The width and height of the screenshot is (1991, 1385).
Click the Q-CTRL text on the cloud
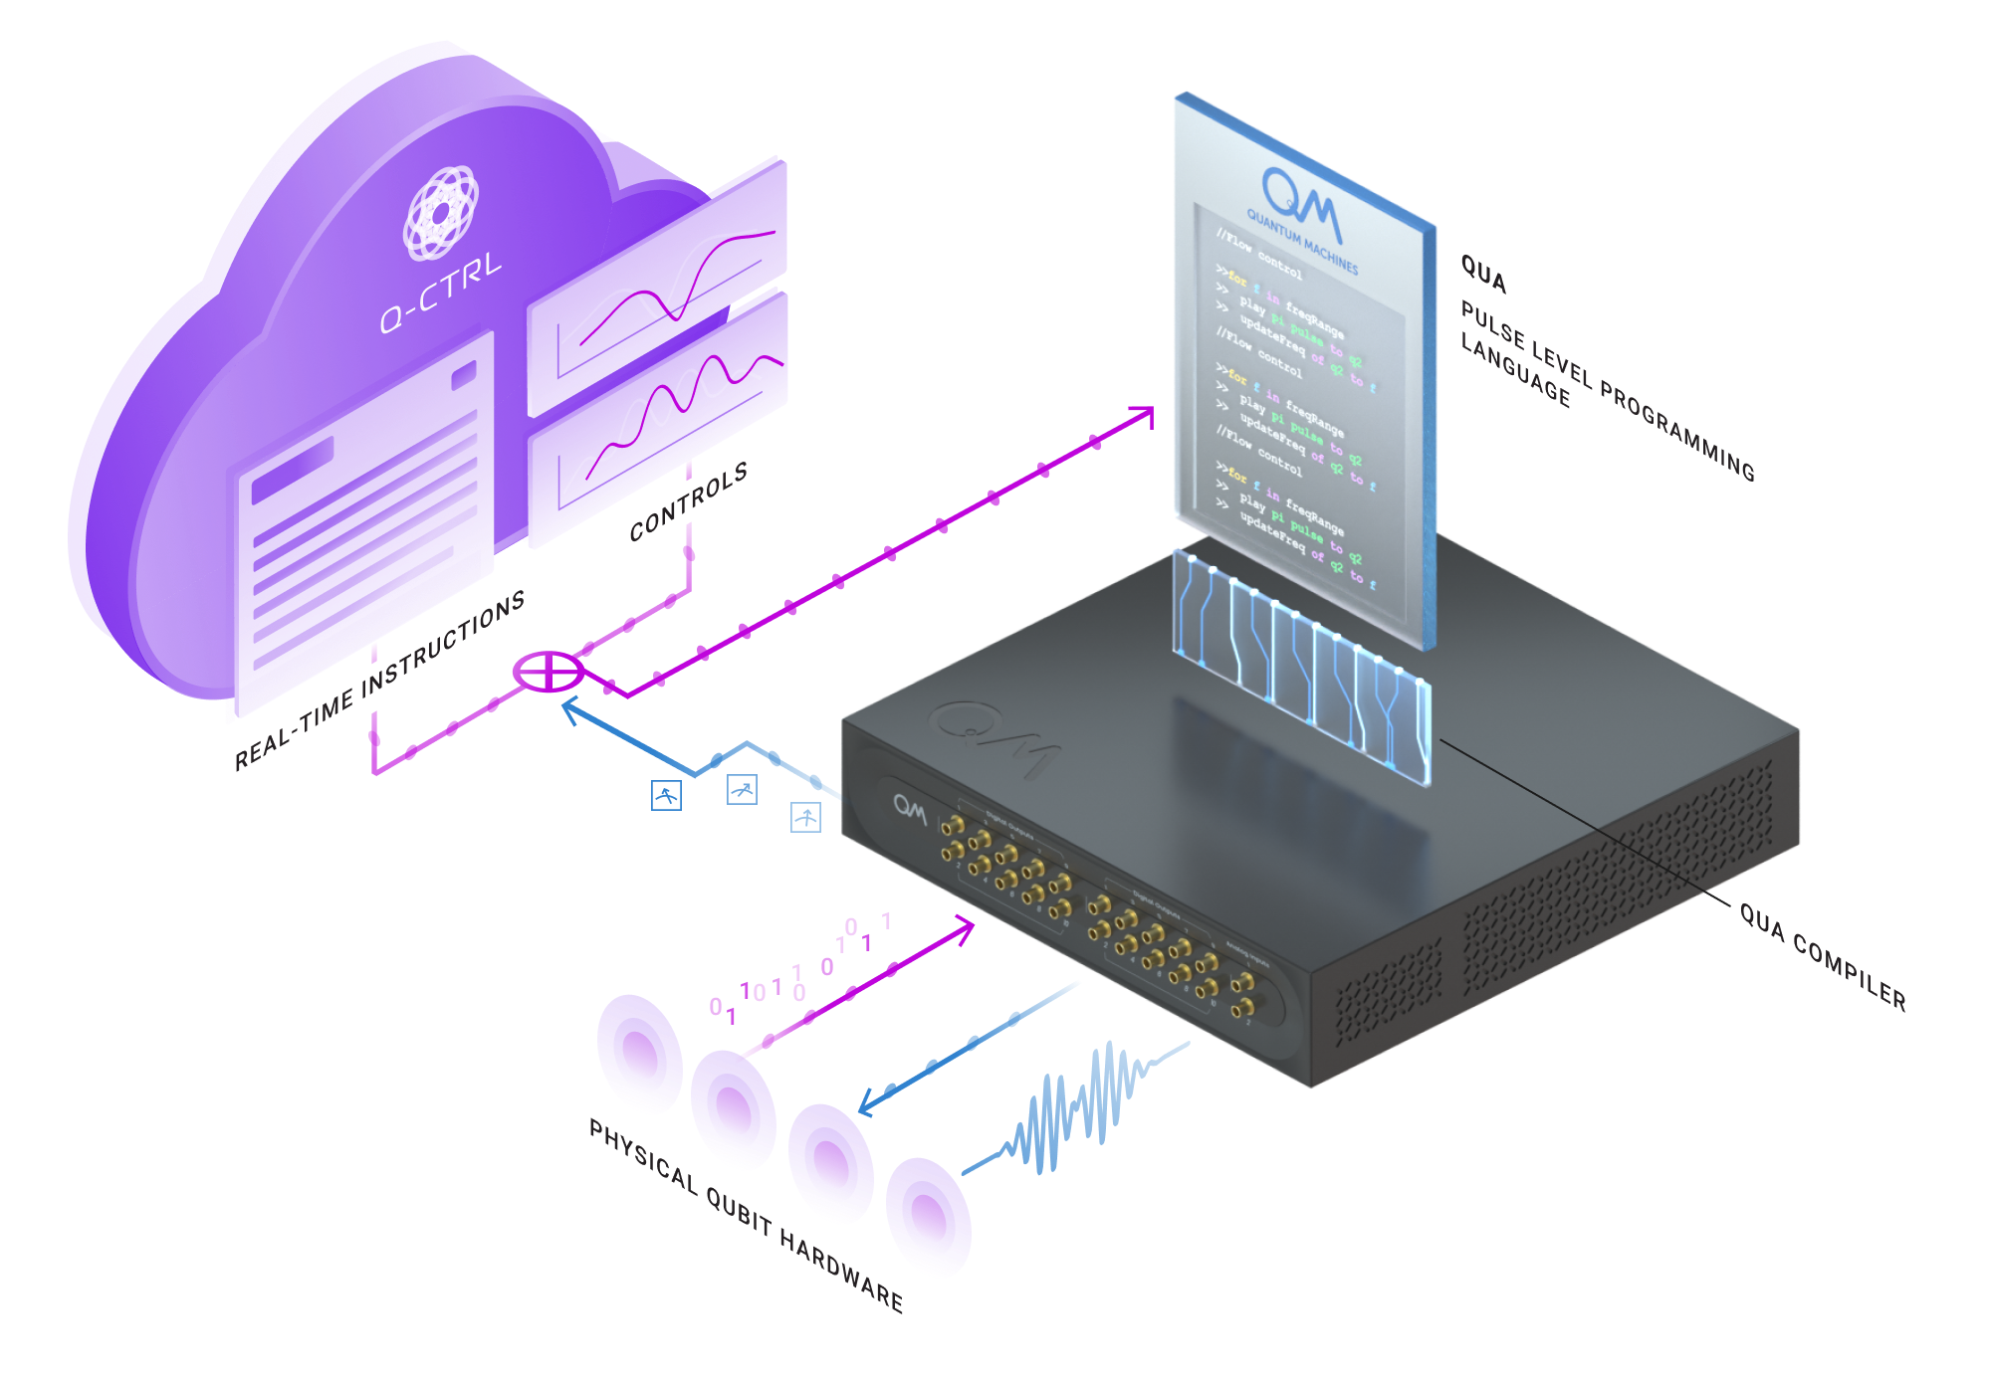(440, 295)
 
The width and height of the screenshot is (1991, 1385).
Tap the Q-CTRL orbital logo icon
(440, 213)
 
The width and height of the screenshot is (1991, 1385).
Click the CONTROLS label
(688, 502)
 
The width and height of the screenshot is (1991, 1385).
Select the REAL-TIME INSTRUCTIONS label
(379, 681)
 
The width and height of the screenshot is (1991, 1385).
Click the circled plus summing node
(547, 672)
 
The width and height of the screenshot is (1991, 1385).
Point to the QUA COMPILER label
(1823, 956)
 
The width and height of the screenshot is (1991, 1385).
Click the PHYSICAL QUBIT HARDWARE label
(747, 1216)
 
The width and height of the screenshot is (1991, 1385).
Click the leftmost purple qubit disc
(638, 1053)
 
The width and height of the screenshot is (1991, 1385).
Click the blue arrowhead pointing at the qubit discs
(866, 1105)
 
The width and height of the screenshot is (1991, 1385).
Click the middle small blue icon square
(742, 791)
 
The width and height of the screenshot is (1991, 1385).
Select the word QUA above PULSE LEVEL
(1483, 274)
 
